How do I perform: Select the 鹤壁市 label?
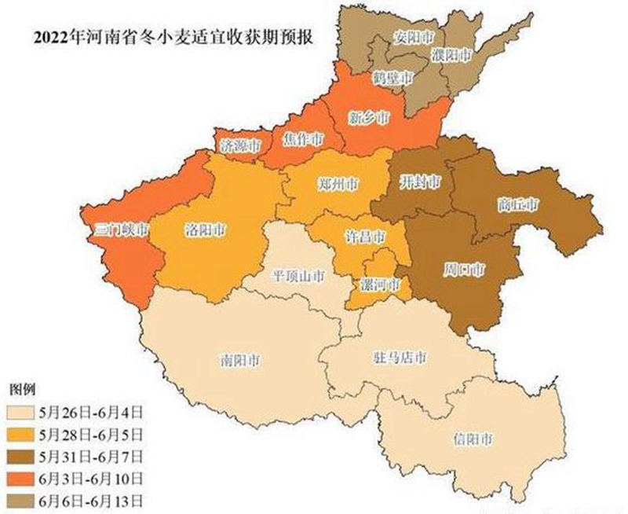click(392, 79)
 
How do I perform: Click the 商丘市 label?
click(518, 204)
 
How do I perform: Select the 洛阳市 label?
click(206, 230)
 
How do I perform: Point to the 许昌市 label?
click(366, 237)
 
